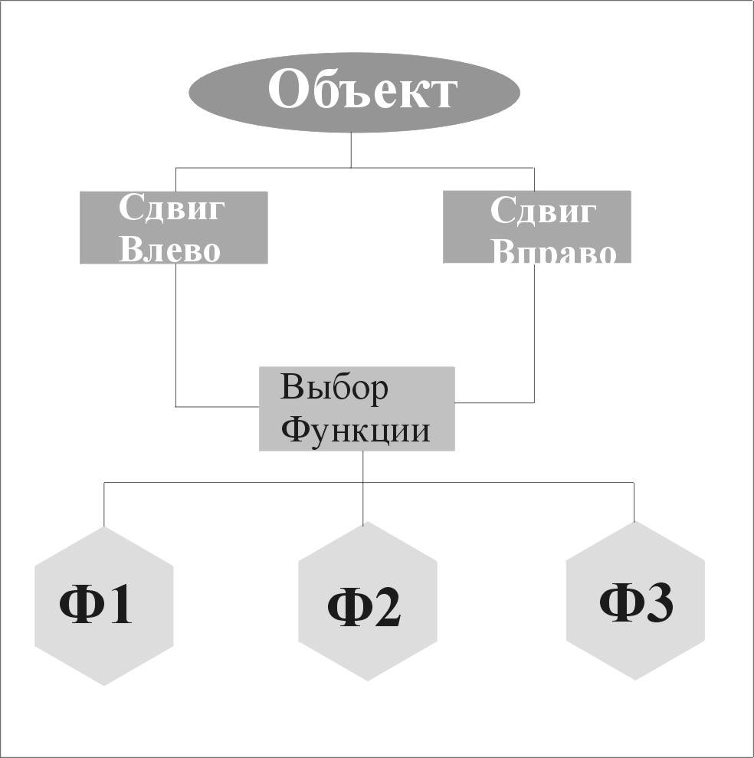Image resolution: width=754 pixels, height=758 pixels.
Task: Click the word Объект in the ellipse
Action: coord(362,91)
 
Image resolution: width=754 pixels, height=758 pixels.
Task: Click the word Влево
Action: coord(169,250)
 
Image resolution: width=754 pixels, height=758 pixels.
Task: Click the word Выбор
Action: coord(334,388)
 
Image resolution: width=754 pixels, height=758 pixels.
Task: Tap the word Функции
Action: coord(355,430)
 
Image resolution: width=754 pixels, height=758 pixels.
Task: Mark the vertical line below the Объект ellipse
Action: coord(351,149)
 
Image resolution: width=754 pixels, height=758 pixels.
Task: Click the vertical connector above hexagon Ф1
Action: coord(104,504)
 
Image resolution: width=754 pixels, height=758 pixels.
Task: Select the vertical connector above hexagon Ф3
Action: coord(634,502)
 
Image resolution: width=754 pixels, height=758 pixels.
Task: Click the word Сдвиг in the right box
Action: coord(543,210)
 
